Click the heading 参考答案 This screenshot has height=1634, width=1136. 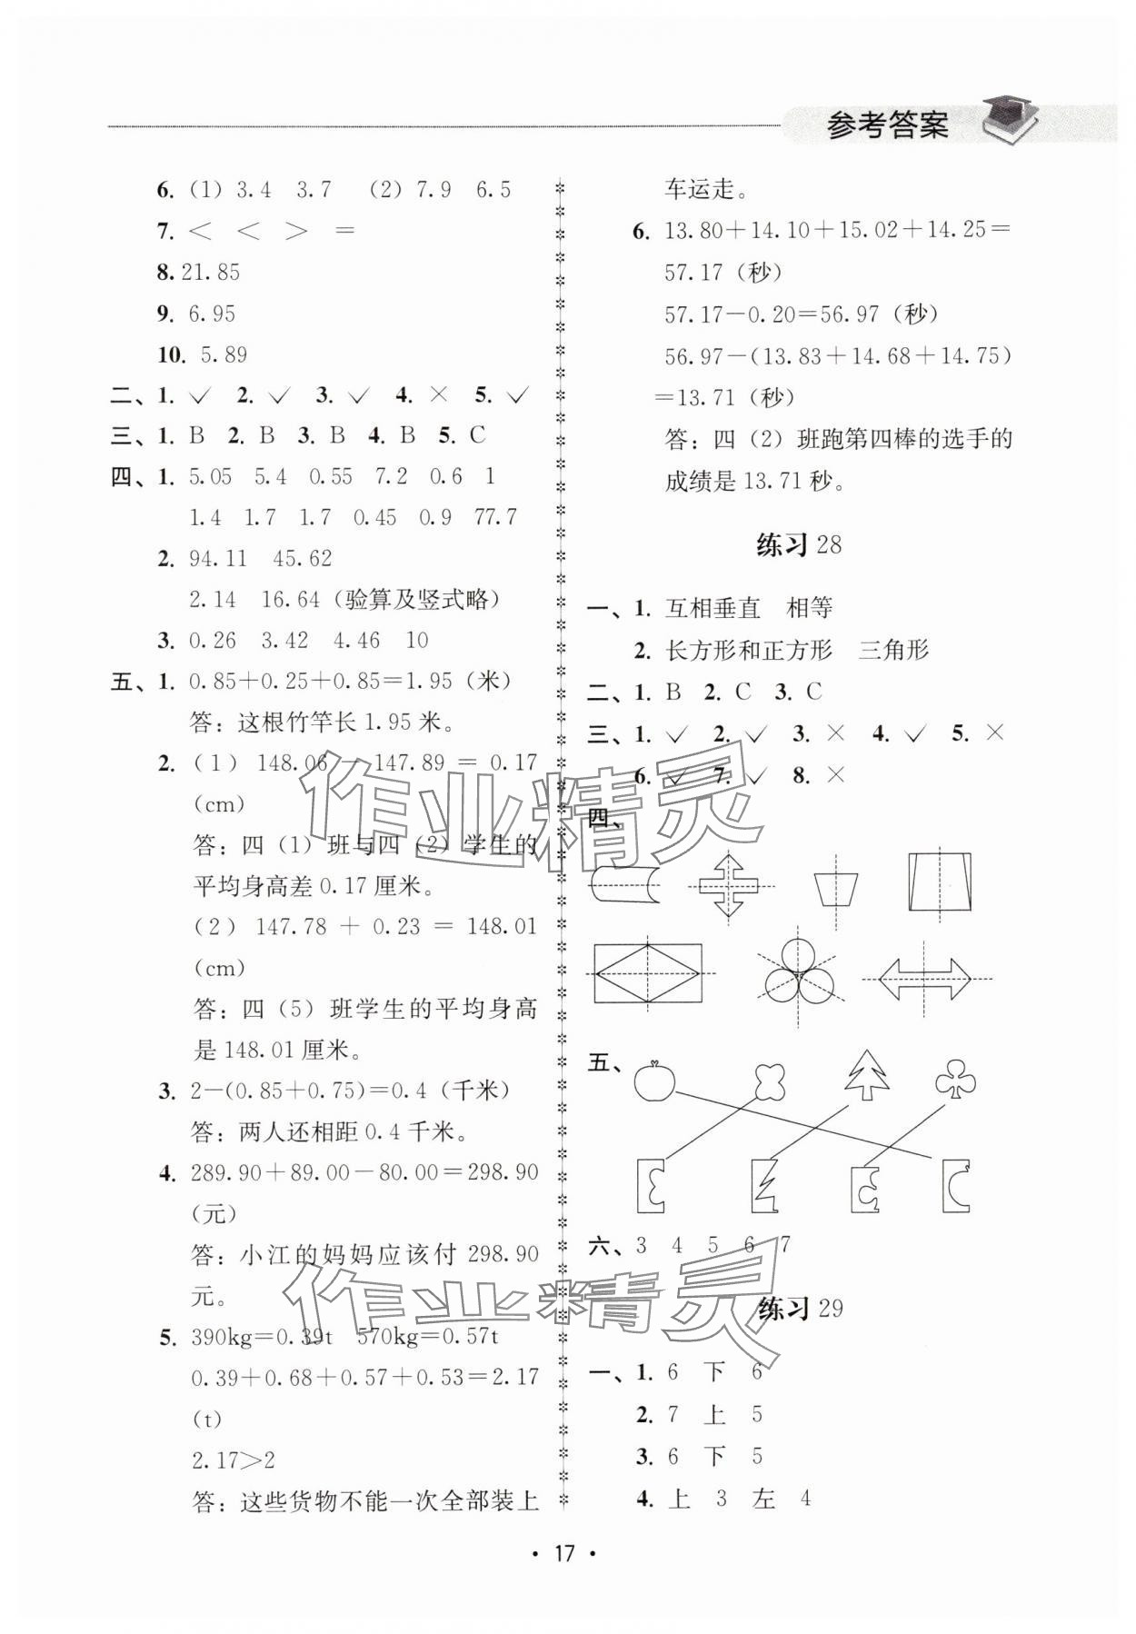[x=887, y=125]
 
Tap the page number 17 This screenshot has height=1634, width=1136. [x=564, y=1552]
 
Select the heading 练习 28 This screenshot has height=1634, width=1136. [x=799, y=544]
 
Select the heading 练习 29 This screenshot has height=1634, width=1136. [x=799, y=1308]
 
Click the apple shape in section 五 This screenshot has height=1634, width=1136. [x=653, y=1081]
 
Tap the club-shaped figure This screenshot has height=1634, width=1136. [x=955, y=1079]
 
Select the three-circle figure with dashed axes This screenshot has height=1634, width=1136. [x=797, y=978]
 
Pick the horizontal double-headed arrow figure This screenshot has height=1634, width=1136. [x=924, y=978]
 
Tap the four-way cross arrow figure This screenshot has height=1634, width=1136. [x=729, y=885]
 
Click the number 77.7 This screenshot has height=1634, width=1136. [x=495, y=517]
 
